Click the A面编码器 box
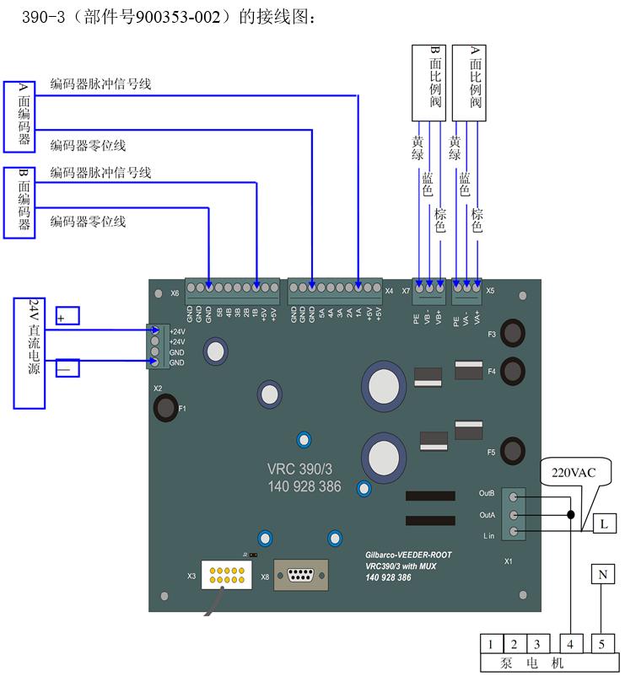19,117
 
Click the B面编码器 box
19,202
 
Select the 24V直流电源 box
30,352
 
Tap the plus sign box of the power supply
67,316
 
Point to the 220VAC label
574,473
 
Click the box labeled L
605,524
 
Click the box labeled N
602,576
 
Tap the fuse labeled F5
511,448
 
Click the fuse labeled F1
164,408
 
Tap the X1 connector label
509,561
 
